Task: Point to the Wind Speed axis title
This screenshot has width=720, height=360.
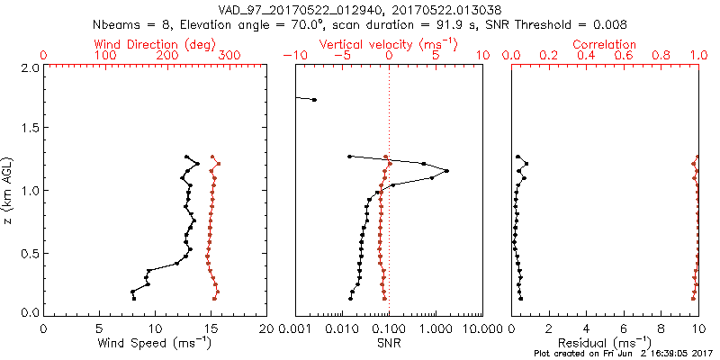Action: point(155,343)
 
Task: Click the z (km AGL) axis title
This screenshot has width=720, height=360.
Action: point(8,189)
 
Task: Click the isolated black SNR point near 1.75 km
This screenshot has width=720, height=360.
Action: point(313,99)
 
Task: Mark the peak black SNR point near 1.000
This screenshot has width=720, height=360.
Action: point(446,171)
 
